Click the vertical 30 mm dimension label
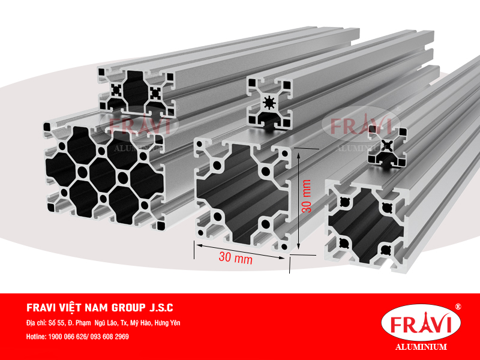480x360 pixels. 307,196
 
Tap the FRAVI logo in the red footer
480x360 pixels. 421,325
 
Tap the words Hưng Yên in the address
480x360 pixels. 167,323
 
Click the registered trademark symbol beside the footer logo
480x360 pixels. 458,307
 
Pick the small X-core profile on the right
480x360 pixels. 386,146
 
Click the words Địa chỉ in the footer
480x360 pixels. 38,323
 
